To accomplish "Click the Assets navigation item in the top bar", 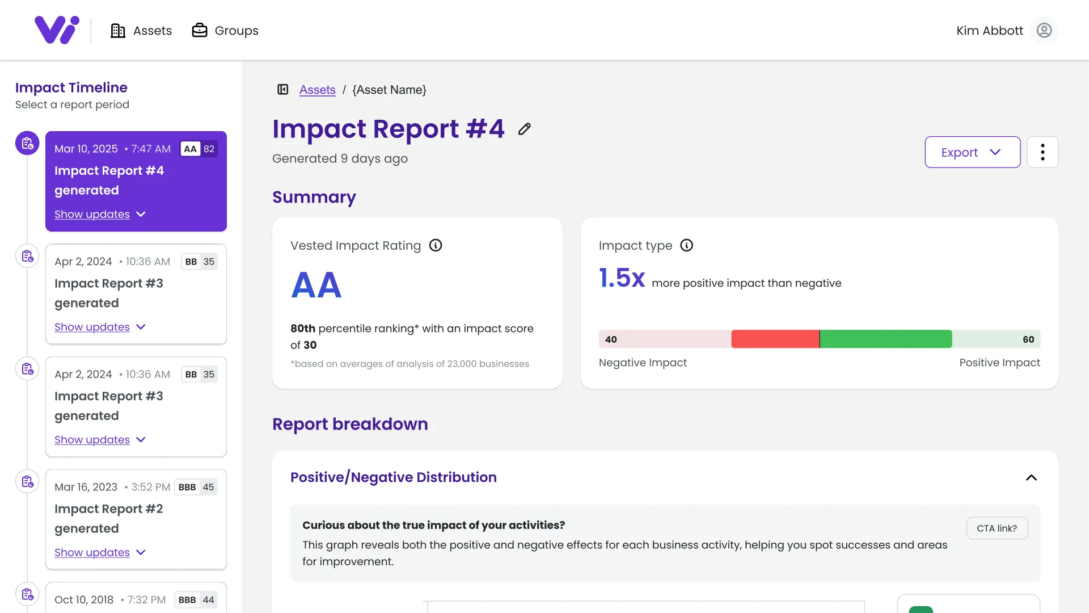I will (x=141, y=31).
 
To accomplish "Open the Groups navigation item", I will (x=225, y=31).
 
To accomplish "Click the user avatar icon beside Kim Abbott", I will (x=1044, y=31).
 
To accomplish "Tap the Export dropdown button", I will (x=972, y=152).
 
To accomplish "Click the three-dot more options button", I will (x=1042, y=152).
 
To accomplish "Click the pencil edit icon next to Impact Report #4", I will (x=525, y=129).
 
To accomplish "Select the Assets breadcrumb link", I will (x=317, y=90).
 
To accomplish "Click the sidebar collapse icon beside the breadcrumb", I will (x=283, y=90).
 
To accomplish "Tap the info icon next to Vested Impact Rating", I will (x=436, y=245).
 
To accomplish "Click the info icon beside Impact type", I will (x=686, y=245).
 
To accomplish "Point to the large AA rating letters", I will (x=316, y=285).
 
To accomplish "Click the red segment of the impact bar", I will (x=775, y=339).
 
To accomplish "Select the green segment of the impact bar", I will (x=885, y=339).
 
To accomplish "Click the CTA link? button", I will (x=997, y=528).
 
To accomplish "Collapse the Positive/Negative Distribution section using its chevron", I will (x=1031, y=478).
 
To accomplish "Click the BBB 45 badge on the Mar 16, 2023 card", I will (x=196, y=487).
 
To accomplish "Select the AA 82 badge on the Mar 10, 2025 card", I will (x=199, y=149).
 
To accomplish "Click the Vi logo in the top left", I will (x=57, y=30).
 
